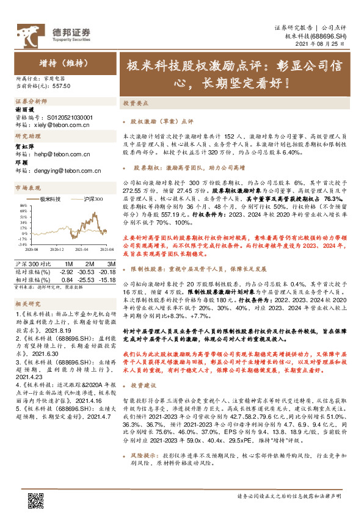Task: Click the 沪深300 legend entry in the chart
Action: click(x=92, y=199)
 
